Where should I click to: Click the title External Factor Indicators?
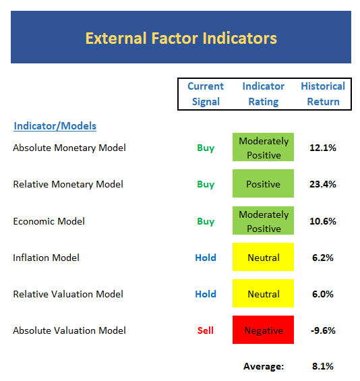[x=181, y=38]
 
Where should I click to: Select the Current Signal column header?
[x=206, y=94]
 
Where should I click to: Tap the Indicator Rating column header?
[x=264, y=94]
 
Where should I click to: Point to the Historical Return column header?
[x=323, y=94]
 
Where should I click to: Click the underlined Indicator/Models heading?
[x=55, y=126]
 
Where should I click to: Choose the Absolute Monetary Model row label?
[x=69, y=148]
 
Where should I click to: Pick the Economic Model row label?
[x=49, y=221]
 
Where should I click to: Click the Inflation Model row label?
[x=46, y=258]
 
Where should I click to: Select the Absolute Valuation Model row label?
[x=69, y=330]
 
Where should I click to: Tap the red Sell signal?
[x=206, y=330]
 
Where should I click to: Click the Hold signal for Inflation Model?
[x=206, y=258]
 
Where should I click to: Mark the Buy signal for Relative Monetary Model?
[x=206, y=184]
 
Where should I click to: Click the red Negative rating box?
[x=264, y=330]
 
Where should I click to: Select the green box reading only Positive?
[x=264, y=183]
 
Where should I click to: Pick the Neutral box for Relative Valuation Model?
[x=264, y=293]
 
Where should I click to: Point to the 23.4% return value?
[x=323, y=184]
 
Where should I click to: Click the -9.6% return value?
[x=323, y=330]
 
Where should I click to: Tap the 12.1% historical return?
[x=323, y=148]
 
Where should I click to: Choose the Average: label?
[x=264, y=366]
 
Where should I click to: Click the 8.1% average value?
[x=323, y=366]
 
